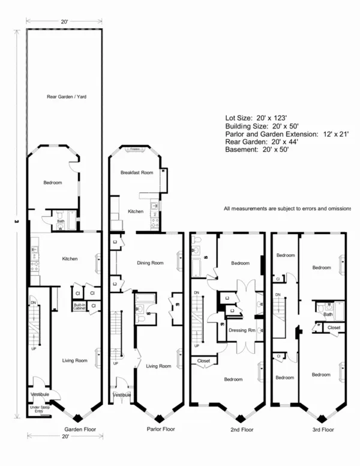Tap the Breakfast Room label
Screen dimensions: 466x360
[137, 172]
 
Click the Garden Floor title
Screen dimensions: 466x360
[80, 429]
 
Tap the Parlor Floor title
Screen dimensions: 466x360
[161, 429]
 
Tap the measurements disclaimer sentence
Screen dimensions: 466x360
[287, 208]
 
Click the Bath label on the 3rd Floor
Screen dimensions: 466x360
[328, 313]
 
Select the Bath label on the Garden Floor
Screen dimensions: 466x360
[61, 220]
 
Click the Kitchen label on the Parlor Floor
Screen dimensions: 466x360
[136, 211]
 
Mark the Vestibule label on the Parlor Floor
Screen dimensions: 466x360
[122, 395]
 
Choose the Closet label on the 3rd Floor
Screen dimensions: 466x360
[334, 328]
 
